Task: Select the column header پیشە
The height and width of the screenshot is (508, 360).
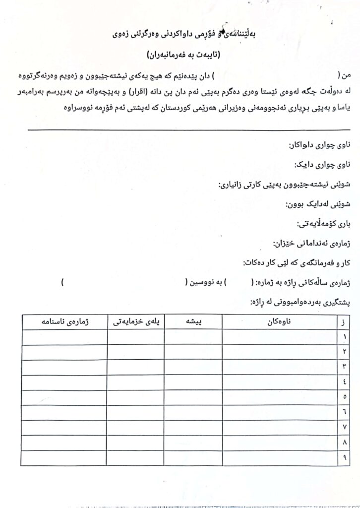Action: [x=193, y=321]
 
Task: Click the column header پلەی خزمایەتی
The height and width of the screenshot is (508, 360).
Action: [x=135, y=321]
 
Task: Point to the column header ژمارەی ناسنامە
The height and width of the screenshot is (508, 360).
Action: [x=64, y=321]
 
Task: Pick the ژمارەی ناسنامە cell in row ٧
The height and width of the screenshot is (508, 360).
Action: [x=64, y=427]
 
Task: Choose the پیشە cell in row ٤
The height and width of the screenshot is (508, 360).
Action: [x=193, y=381]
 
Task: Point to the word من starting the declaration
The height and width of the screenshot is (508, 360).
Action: [x=346, y=75]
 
